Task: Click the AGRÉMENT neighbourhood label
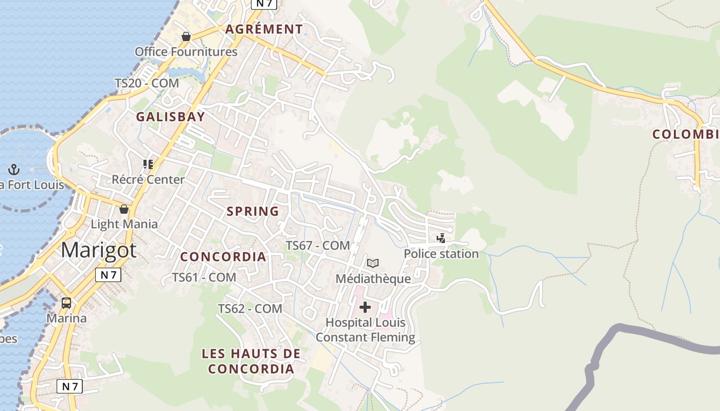264,29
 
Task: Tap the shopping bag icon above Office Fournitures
186,36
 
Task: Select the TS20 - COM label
147,83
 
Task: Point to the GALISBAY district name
171,117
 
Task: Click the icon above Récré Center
148,164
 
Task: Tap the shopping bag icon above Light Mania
124,209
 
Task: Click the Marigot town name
99,250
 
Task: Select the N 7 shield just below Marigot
108,275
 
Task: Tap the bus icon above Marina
66,303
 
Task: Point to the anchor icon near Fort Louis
14,169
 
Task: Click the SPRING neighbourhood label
253,211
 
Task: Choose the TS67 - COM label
318,246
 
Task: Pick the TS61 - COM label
204,277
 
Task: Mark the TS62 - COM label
250,309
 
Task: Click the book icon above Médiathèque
373,264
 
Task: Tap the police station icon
441,238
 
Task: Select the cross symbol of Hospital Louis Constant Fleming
365,308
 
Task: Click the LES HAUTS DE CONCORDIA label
251,361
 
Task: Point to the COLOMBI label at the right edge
686,135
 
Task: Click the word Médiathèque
373,279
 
